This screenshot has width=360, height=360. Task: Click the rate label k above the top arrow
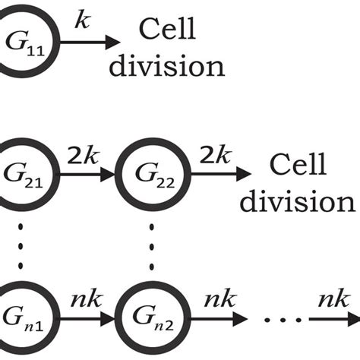(x=83, y=21)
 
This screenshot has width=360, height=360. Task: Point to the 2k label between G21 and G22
(x=83, y=156)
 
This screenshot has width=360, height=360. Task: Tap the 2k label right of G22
(x=213, y=156)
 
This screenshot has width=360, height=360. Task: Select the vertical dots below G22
(x=153, y=245)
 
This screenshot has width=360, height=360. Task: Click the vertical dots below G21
(x=21, y=245)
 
